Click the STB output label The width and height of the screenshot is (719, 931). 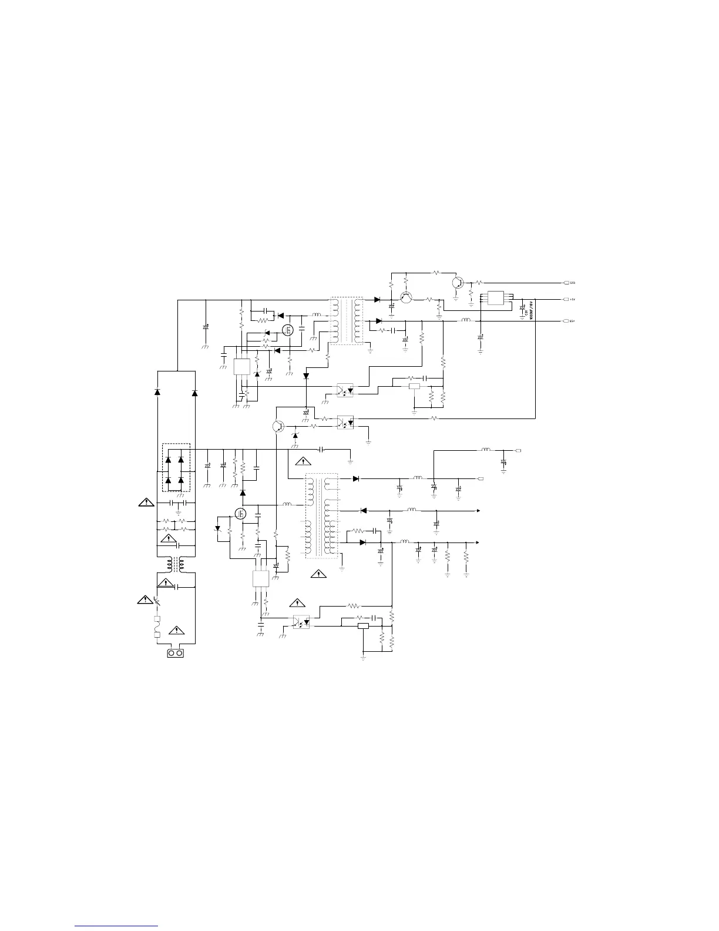572,283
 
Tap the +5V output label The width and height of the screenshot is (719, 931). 572,299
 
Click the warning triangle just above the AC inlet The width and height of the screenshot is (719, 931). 176,631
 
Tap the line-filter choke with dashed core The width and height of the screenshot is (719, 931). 176,564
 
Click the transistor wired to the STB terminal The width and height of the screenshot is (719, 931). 458,283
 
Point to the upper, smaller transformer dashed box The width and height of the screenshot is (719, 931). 347,320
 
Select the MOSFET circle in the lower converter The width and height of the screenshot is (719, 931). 240,514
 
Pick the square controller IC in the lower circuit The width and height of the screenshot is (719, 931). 260,578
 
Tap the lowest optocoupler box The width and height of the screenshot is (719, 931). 301,621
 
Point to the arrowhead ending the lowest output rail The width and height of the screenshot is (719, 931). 477,542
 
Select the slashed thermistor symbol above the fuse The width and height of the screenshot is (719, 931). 157,601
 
